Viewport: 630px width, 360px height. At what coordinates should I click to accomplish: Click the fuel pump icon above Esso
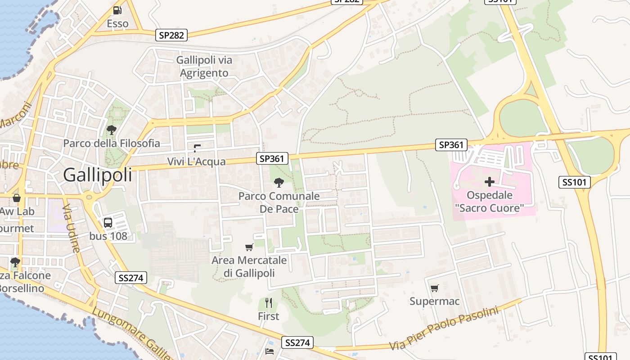(117, 10)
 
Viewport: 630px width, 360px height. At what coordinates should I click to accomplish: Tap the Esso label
(117, 23)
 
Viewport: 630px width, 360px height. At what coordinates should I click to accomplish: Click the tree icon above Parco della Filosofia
(112, 130)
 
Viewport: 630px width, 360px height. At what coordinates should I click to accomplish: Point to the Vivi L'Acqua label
(196, 162)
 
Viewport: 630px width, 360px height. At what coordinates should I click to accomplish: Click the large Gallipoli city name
(98, 175)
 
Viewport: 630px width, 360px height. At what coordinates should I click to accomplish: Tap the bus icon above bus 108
(108, 222)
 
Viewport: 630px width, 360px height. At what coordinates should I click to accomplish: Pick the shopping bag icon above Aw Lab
(17, 198)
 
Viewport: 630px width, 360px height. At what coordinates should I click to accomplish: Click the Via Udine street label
(71, 228)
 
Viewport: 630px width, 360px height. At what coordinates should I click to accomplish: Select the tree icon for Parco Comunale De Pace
(279, 182)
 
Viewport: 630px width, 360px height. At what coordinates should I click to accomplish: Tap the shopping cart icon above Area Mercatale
(249, 247)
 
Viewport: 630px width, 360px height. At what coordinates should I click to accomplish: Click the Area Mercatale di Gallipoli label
(249, 266)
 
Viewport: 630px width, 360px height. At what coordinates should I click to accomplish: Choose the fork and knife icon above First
(269, 302)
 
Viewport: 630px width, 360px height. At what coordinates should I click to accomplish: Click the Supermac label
(434, 301)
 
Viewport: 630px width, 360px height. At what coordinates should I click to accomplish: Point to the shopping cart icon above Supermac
(434, 288)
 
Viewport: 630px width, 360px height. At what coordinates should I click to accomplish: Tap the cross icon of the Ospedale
(490, 182)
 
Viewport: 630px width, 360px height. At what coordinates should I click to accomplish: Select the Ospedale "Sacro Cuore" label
(490, 202)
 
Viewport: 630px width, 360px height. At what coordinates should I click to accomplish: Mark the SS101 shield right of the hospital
(574, 182)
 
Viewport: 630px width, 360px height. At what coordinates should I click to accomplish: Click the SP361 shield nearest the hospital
(451, 144)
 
